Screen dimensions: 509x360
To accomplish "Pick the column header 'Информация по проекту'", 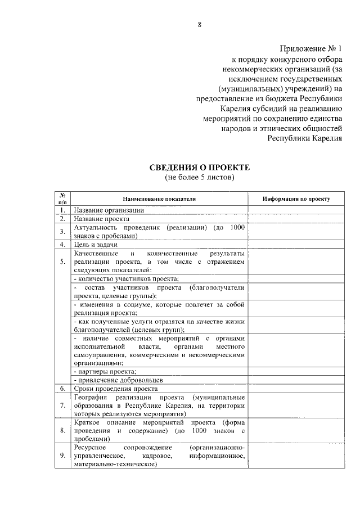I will (296, 199).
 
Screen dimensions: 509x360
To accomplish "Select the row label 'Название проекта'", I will (101, 219).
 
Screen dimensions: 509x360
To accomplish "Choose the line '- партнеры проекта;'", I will (105, 372).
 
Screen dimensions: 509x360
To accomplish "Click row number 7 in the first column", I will (62, 405).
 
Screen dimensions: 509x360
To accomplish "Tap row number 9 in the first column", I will (62, 456).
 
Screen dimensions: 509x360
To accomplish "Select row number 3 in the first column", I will (62, 232).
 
